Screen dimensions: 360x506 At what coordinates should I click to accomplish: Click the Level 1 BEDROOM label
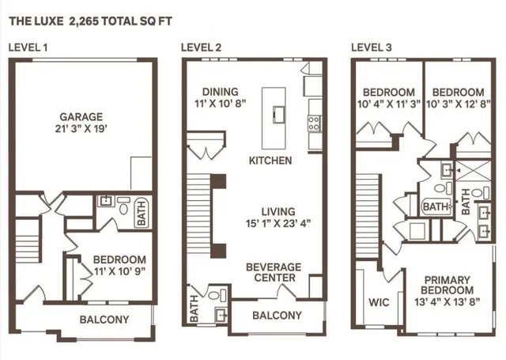coord(119,260)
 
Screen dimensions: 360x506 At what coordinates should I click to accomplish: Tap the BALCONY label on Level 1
coord(104,320)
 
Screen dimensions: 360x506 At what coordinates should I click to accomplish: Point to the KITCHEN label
coord(270,161)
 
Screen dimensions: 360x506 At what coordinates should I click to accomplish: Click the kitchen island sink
coord(279,114)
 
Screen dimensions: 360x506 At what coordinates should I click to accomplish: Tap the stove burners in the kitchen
coord(313,123)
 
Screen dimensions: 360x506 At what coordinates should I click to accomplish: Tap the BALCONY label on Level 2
coord(277,316)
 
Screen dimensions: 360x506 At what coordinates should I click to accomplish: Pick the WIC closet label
coord(377,301)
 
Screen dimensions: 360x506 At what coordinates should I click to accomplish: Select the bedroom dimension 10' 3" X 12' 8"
coord(459,104)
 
